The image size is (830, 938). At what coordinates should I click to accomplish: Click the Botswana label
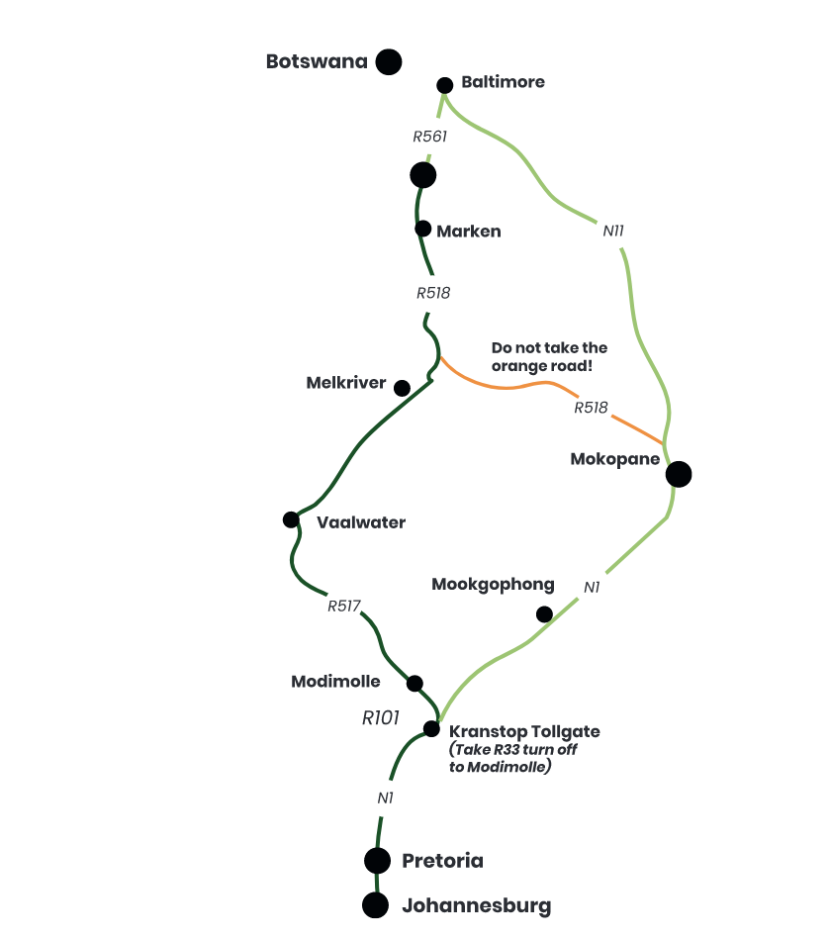(317, 61)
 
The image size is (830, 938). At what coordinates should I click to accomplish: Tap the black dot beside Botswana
(389, 61)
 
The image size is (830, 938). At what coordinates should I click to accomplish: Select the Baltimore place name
(503, 82)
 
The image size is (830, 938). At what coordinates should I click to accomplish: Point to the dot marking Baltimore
(445, 85)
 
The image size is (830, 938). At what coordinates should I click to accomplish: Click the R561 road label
(430, 137)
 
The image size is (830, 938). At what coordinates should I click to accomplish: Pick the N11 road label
(613, 231)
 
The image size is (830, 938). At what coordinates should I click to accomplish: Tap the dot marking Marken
(422, 229)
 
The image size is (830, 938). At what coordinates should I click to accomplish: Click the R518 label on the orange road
(591, 408)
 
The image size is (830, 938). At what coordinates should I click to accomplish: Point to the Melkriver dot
(403, 388)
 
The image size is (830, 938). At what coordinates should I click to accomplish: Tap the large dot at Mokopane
(679, 474)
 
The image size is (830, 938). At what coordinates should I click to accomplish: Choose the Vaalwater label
(361, 522)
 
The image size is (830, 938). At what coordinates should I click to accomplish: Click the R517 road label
(344, 607)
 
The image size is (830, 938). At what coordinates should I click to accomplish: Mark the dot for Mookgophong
(544, 614)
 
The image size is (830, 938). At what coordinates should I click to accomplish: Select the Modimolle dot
(415, 683)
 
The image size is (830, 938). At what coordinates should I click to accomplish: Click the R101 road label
(381, 718)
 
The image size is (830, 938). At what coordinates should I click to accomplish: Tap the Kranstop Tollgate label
(524, 731)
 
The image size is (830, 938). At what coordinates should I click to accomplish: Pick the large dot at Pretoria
(377, 861)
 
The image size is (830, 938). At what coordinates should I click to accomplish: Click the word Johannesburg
(477, 906)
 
